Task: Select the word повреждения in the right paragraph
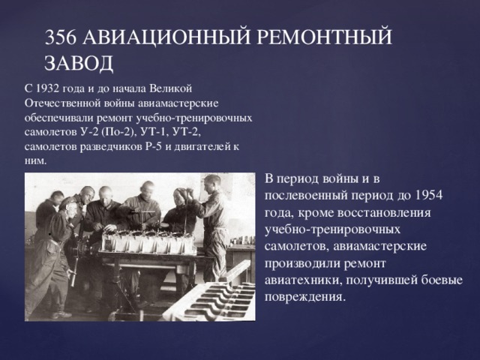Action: pyautogui.click(x=304, y=296)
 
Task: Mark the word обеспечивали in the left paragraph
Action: pyautogui.click(x=55, y=118)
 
